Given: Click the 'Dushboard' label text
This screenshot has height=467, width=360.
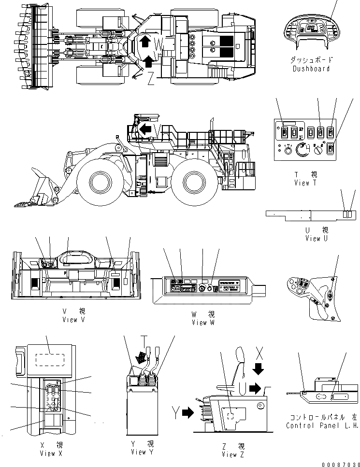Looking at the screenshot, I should click(311, 69).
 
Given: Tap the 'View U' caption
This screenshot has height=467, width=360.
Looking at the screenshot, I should click(312, 238).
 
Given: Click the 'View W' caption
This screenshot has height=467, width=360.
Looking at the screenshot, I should click(202, 322).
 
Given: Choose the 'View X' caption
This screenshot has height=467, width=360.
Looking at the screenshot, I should click(47, 453).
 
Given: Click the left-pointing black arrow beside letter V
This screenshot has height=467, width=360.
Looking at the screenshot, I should click(145, 128).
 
